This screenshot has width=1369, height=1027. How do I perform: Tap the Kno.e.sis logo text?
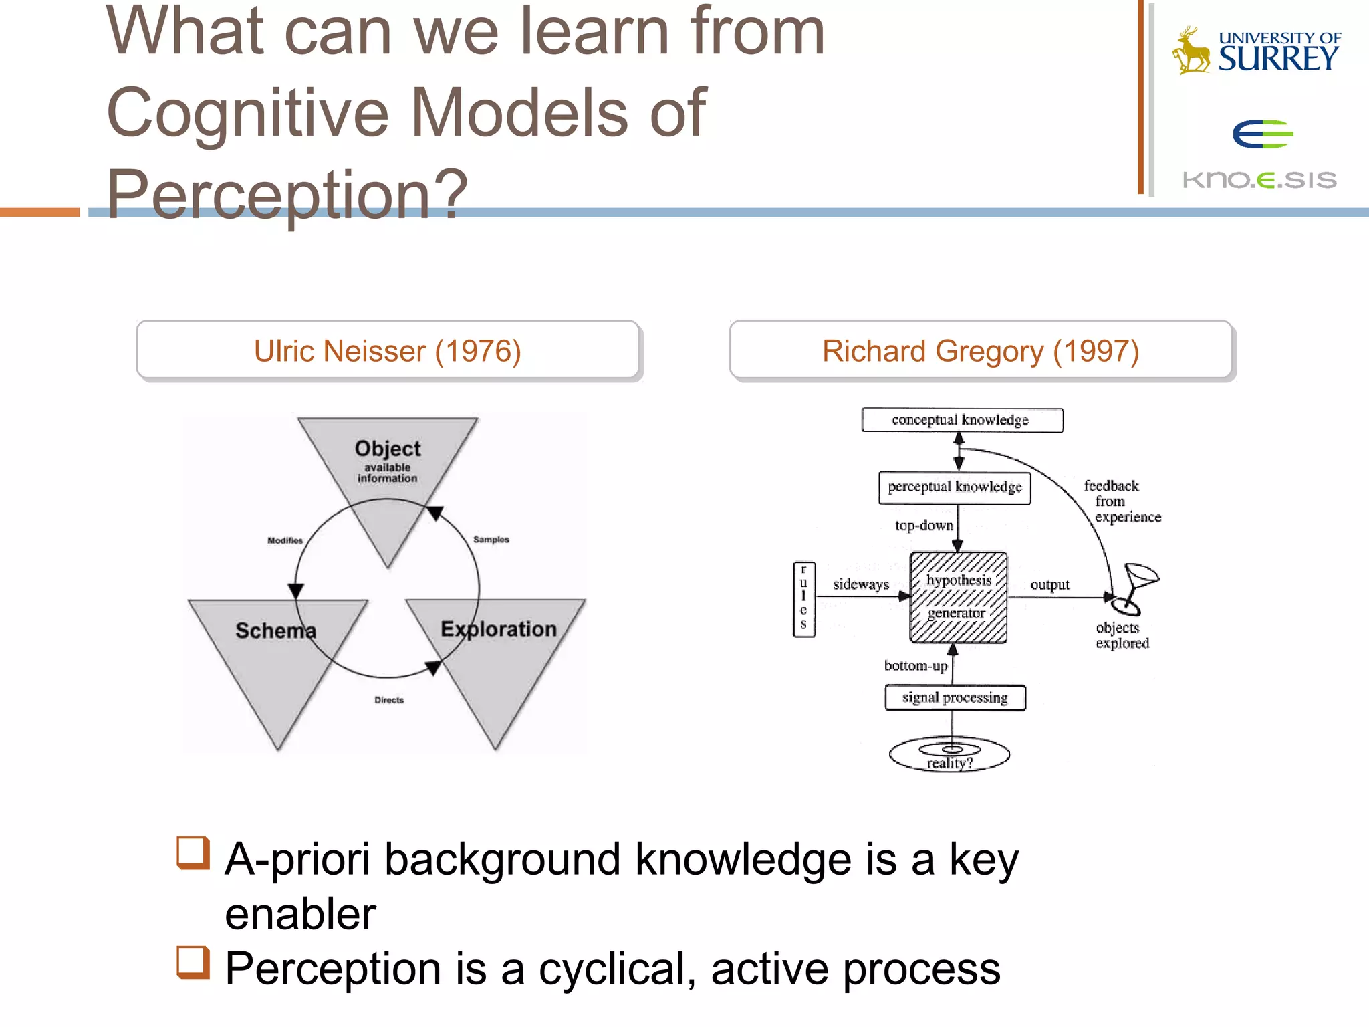pyautogui.click(x=1259, y=179)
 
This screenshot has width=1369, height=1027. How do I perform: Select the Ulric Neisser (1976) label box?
pyautogui.click(x=388, y=351)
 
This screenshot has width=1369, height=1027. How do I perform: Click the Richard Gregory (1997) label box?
pyautogui.click(x=980, y=351)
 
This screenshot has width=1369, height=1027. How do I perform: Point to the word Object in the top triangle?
pyautogui.click(x=388, y=449)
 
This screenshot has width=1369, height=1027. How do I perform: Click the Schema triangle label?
pyautogui.click(x=275, y=631)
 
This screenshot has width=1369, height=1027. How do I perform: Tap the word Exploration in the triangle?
pyautogui.click(x=498, y=629)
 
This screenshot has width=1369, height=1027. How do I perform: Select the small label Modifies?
pyautogui.click(x=285, y=540)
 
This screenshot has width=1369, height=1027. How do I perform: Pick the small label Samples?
pyautogui.click(x=491, y=540)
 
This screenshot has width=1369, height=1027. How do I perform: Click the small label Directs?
pyautogui.click(x=389, y=700)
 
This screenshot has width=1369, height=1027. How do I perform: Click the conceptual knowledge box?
pyautogui.click(x=961, y=420)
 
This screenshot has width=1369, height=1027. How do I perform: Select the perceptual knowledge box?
pyautogui.click(x=955, y=487)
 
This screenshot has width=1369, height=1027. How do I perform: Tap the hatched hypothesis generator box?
pyautogui.click(x=958, y=597)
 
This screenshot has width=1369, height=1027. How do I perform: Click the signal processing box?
pyautogui.click(x=955, y=698)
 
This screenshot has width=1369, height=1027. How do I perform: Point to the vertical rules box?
pyautogui.click(x=803, y=599)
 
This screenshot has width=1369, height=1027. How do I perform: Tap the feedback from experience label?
pyautogui.click(x=1120, y=501)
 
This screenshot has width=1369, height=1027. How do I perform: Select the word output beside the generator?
pyautogui.click(x=1049, y=585)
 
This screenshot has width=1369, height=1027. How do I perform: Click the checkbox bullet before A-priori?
pyautogui.click(x=193, y=853)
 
